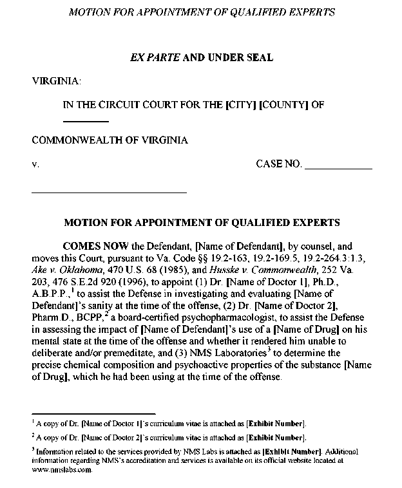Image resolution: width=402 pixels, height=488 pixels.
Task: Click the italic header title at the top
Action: [x=200, y=12]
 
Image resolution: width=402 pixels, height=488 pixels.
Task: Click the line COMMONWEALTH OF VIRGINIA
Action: [x=110, y=140]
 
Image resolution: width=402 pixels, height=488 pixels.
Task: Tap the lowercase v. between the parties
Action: [x=35, y=164]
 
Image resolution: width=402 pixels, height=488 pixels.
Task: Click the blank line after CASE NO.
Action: [x=338, y=167]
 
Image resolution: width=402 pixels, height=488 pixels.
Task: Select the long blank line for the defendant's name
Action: [x=109, y=192]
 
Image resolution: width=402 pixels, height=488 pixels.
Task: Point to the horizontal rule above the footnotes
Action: [x=93, y=414]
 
